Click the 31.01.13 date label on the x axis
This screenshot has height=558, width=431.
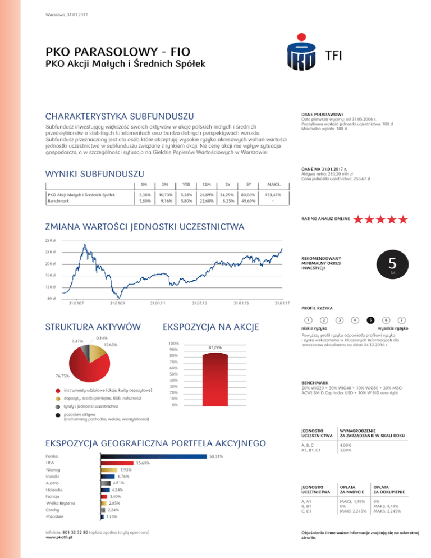click(198, 304)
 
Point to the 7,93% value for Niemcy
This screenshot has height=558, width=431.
click(126, 469)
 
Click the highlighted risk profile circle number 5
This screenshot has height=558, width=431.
click(371, 319)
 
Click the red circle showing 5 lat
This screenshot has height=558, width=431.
click(393, 263)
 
